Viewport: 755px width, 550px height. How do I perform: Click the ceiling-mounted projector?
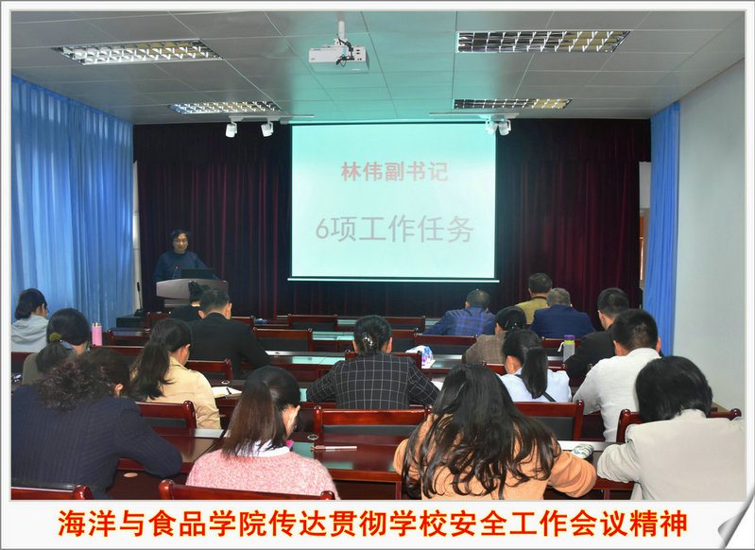point(338,56)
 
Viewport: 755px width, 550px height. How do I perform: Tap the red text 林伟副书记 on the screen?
point(394,172)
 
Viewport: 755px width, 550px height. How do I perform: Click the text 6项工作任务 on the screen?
point(395,230)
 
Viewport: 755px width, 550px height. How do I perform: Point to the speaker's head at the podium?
point(180,241)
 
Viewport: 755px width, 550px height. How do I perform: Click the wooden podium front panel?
point(192,289)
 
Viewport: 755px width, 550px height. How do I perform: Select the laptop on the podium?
point(197,273)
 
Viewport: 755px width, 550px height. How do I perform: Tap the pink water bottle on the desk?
point(96,334)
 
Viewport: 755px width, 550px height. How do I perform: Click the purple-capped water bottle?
point(569,348)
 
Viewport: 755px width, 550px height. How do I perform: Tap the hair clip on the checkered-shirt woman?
point(369,341)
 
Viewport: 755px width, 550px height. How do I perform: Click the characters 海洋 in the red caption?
point(88,524)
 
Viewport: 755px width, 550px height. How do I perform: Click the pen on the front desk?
point(334,448)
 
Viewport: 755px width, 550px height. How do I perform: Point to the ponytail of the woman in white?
point(535,371)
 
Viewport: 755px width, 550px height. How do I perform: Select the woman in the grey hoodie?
point(30,321)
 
